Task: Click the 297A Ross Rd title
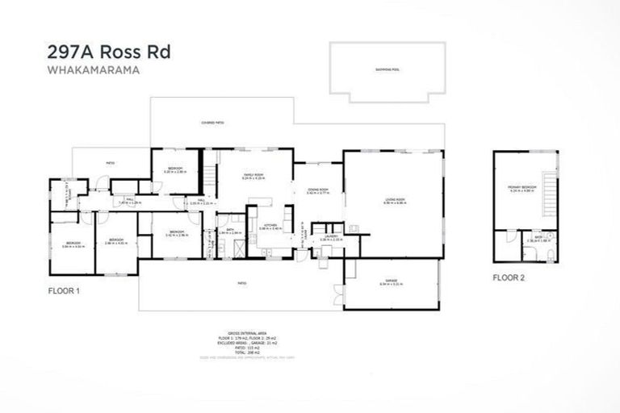[108, 53]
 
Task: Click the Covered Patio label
[212, 122]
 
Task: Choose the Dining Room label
[317, 190]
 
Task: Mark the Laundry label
[330, 237]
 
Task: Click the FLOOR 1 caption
[65, 290]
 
